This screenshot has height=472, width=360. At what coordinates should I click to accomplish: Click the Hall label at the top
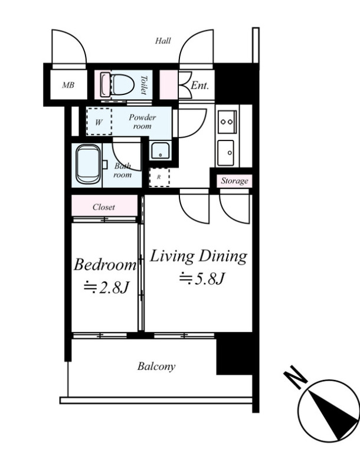[x=163, y=41]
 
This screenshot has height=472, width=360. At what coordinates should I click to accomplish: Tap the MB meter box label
[x=68, y=85]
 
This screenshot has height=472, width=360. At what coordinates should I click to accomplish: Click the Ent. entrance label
[x=199, y=86]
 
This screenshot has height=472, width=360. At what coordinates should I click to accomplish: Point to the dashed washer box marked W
[x=99, y=122]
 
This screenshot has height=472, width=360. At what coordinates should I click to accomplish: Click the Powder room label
[x=142, y=122]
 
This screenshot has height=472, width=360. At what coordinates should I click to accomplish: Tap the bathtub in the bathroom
[x=88, y=164]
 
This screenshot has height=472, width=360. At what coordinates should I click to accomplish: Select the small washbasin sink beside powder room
[x=161, y=150]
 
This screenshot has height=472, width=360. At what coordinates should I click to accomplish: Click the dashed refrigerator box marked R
[x=159, y=178]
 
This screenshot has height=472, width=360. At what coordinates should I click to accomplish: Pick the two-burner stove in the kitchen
[x=227, y=122]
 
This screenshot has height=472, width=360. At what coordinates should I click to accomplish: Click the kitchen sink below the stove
[x=226, y=153]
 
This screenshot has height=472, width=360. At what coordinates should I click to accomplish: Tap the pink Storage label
[x=234, y=181]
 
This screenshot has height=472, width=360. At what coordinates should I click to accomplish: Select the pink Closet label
[x=104, y=207]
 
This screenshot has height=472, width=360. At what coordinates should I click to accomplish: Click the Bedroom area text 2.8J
[x=107, y=288]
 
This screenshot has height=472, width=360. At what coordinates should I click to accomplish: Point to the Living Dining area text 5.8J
[x=202, y=278]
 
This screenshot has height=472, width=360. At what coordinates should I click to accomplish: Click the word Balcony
[x=156, y=366]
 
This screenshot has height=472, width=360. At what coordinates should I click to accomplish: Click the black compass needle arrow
[x=334, y=415]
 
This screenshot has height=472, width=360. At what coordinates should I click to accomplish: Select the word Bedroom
[x=105, y=264]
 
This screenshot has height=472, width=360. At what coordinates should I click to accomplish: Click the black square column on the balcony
[x=234, y=353]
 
